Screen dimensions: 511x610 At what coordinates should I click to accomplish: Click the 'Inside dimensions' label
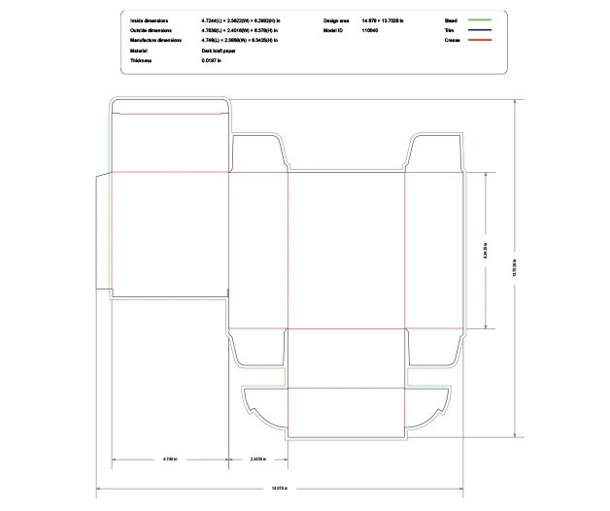click(150, 19)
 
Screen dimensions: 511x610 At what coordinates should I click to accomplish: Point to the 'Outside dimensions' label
click(152, 30)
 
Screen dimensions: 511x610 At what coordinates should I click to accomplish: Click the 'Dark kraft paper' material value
click(219, 51)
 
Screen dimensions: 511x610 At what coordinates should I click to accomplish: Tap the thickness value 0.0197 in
click(211, 61)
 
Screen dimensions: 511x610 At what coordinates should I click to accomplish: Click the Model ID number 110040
click(370, 30)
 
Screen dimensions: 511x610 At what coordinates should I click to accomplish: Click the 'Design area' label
click(337, 19)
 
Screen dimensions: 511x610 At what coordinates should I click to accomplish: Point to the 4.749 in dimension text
click(170, 458)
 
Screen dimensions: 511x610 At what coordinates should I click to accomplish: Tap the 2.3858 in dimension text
click(258, 458)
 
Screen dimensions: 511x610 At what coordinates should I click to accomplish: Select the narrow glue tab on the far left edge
click(104, 232)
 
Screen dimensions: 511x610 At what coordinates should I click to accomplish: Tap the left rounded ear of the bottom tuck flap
click(262, 404)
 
